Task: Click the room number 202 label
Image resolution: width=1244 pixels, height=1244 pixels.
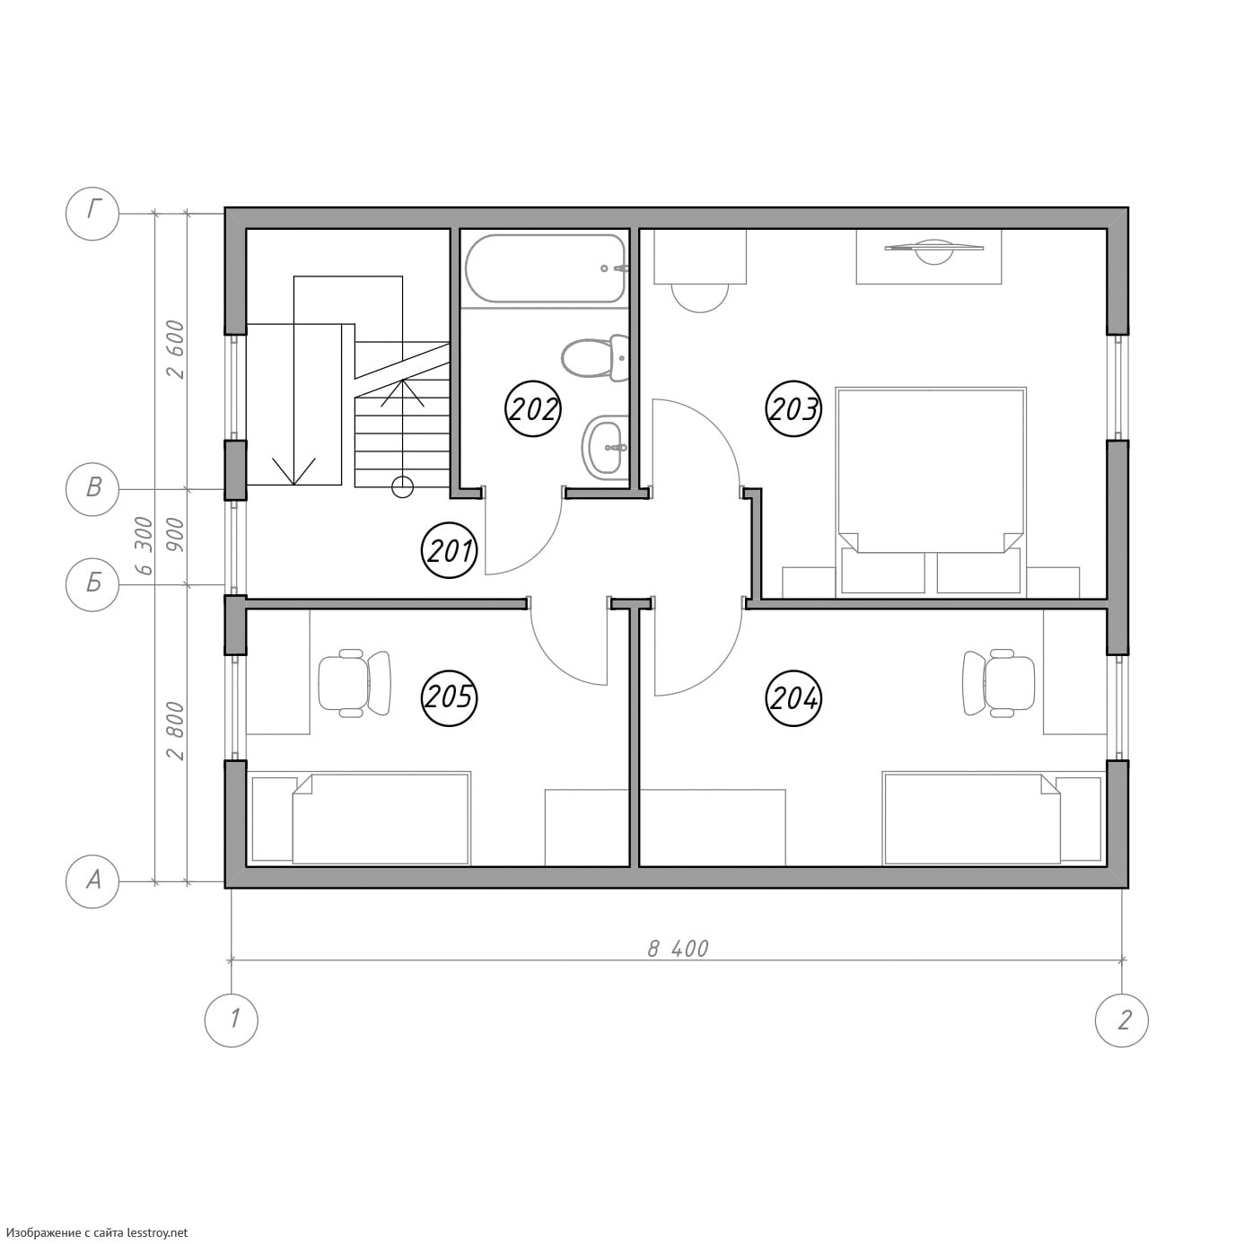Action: click(532, 408)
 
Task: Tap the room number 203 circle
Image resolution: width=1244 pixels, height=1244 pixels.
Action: click(793, 408)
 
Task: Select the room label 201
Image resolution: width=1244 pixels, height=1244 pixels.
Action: click(449, 551)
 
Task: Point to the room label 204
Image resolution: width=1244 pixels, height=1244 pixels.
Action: click(793, 698)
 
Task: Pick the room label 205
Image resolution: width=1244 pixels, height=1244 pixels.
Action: click(449, 698)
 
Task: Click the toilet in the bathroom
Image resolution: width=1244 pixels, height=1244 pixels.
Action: click(595, 358)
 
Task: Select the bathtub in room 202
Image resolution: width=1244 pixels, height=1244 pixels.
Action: click(546, 267)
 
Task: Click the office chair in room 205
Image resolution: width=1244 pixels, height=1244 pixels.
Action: click(355, 682)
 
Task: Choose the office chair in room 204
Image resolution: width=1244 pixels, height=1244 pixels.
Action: click(999, 682)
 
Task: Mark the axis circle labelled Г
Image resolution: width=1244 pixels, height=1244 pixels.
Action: click(93, 214)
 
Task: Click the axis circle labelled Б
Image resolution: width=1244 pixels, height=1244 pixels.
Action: click(93, 583)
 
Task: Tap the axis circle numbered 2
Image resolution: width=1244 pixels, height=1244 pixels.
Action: click(1122, 1020)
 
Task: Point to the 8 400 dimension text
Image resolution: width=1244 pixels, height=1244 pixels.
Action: click(678, 949)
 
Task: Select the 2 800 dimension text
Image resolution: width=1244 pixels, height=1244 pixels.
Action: click(175, 732)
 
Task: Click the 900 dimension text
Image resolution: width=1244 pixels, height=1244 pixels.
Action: click(175, 534)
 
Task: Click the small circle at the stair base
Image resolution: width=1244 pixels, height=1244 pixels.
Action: click(402, 486)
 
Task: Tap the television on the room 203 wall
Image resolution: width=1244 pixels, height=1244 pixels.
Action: click(934, 251)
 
